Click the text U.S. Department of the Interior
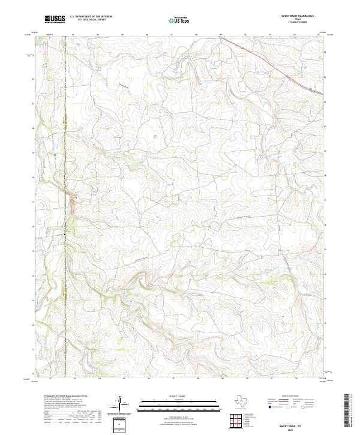point(91,16)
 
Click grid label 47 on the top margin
point(172,35)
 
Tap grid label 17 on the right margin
point(325,200)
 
